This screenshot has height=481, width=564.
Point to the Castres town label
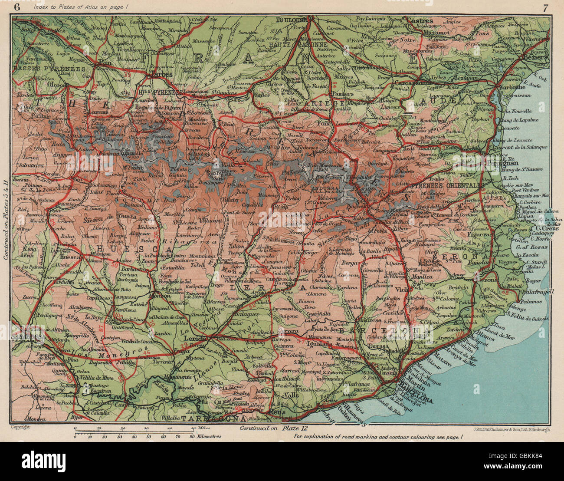[x=420, y=20]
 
